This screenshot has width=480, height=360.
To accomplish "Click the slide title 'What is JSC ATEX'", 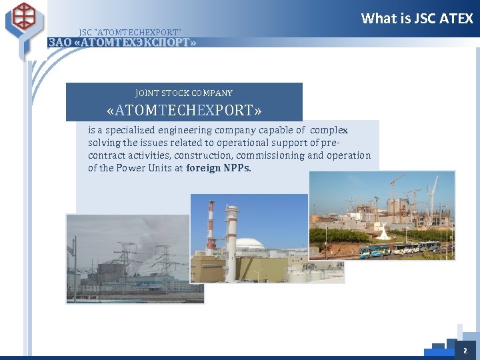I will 417,19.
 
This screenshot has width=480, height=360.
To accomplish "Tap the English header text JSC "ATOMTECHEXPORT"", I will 129,32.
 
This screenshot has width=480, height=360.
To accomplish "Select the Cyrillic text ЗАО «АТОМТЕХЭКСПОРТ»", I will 123,43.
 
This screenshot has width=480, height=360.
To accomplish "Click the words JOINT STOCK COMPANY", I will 184,93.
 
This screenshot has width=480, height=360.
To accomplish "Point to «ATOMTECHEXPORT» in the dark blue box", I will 184,109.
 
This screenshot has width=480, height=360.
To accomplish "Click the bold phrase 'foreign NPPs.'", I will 219,168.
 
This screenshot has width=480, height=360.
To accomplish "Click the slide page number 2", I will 465,350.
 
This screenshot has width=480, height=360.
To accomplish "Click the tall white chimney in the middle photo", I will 231,233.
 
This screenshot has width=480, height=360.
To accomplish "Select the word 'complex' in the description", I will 329,130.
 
